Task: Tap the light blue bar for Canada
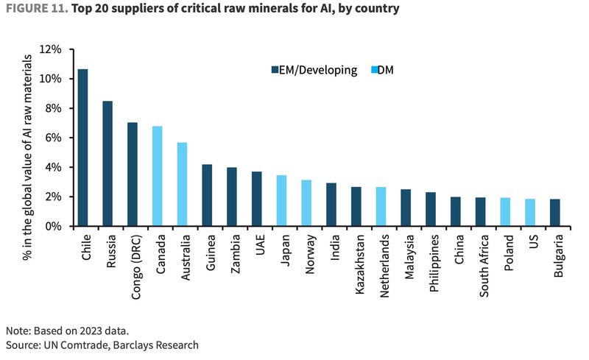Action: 157,176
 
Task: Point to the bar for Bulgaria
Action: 554,213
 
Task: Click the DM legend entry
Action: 384,71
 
